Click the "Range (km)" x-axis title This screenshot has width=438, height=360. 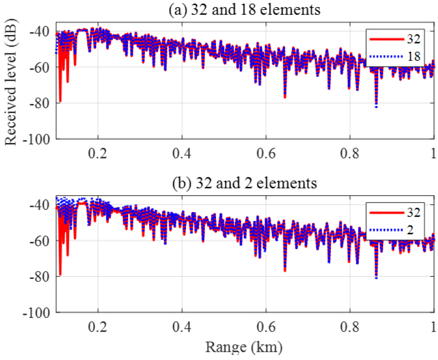pos(243,347)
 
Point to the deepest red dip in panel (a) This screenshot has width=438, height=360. pos(60,101)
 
